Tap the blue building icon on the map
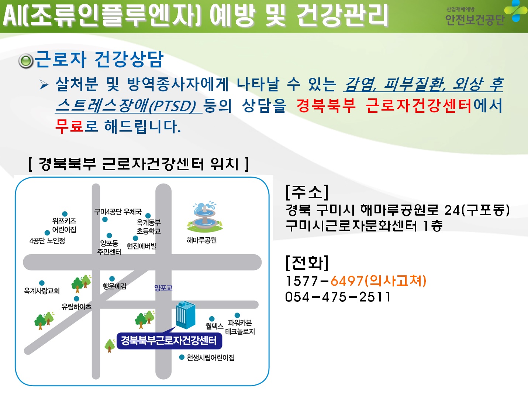[185, 315]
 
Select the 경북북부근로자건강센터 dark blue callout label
[169, 341]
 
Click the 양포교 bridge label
[163, 287]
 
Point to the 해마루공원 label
[201, 240]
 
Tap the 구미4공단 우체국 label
[118, 212]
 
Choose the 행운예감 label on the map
[115, 286]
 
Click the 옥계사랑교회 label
[42, 291]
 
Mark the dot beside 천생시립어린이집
[182, 357]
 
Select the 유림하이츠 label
[76, 307]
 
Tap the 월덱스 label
[214, 326]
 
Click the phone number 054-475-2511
[338, 297]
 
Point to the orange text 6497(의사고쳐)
[378, 280]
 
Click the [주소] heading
[307, 192]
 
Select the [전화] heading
[307, 263]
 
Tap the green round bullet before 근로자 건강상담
[26, 61]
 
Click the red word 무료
[69, 126]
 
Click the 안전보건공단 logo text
[474, 20]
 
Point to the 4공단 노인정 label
[47, 241]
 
